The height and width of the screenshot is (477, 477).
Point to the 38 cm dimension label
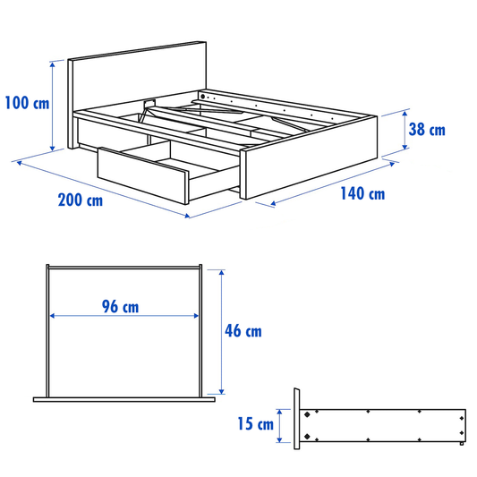tap(426, 130)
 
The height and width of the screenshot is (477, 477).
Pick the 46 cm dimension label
tap(243, 331)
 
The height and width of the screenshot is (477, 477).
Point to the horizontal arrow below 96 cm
tap(124, 316)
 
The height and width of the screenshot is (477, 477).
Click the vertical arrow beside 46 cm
tap(218, 331)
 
